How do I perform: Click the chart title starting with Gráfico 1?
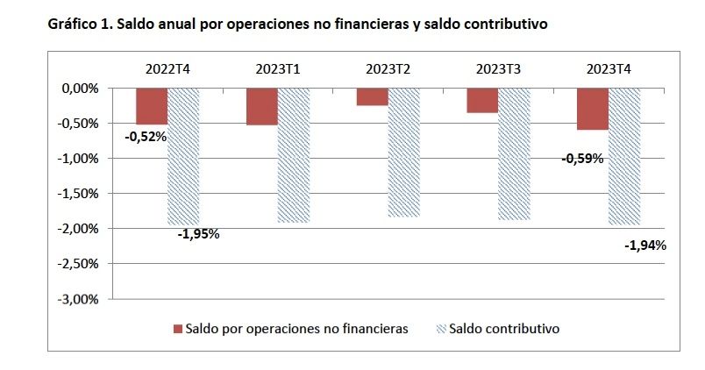tap(297, 25)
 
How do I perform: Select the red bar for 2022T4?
tap(151, 106)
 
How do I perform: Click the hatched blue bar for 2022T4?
tap(183, 156)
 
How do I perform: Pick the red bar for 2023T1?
tap(261, 106)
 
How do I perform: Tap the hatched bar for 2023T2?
tap(404, 152)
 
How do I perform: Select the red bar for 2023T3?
tap(482, 100)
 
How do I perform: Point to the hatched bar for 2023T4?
tap(624, 156)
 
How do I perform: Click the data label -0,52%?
tap(146, 136)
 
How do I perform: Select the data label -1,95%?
tap(198, 234)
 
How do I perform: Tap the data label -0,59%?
tap(582, 159)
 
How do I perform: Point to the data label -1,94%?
tap(645, 245)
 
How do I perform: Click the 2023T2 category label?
tap(388, 68)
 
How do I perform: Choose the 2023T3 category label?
tap(499, 68)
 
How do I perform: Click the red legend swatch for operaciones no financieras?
tap(178, 329)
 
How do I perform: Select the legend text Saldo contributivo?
tap(503, 329)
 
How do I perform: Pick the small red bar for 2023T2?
tap(372, 96)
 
